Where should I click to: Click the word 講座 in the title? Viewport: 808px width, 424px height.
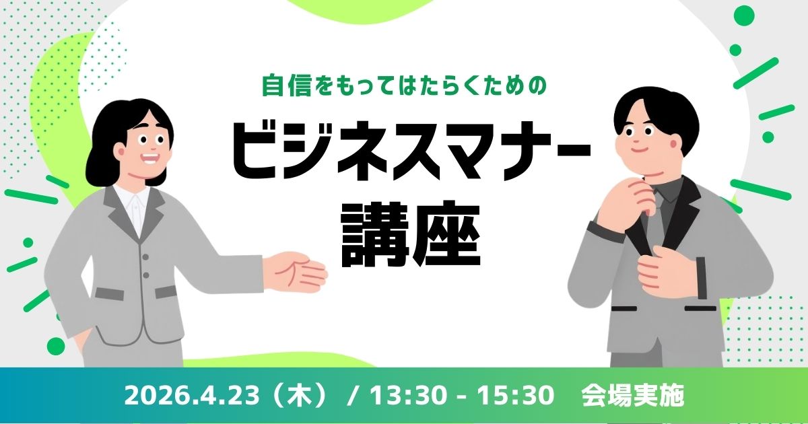click(411, 236)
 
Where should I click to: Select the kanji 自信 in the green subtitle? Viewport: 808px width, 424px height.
click(287, 86)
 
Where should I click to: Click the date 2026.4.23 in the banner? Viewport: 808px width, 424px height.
click(191, 395)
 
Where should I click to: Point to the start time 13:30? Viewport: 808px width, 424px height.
click(407, 395)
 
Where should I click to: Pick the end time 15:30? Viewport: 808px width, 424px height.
click(516, 395)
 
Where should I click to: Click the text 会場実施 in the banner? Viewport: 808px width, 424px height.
click(633, 395)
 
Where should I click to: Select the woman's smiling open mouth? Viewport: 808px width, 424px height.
click(150, 159)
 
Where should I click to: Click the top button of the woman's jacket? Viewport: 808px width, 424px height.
click(145, 257)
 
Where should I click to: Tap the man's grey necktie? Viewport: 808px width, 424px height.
click(655, 216)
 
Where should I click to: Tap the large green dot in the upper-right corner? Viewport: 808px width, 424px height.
click(744, 16)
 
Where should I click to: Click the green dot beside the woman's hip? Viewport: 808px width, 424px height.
click(55, 347)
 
